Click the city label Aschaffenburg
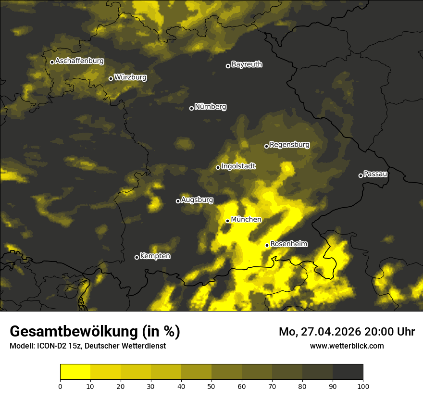point(79,61)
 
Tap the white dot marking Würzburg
point(111,78)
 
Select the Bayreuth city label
point(247,64)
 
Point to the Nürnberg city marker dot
point(191,108)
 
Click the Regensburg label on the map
point(289,145)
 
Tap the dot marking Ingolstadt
point(218,167)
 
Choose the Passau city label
point(375,174)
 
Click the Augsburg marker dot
point(178,201)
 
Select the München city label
point(246,220)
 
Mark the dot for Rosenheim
point(267,245)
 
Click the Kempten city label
point(155,256)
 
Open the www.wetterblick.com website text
point(347,346)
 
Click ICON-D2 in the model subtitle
point(50,346)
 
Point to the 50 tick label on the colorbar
point(211,386)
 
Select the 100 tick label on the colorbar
point(363,386)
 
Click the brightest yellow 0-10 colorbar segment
point(75,372)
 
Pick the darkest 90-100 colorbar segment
point(348,372)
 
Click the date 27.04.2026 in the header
point(331,332)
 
